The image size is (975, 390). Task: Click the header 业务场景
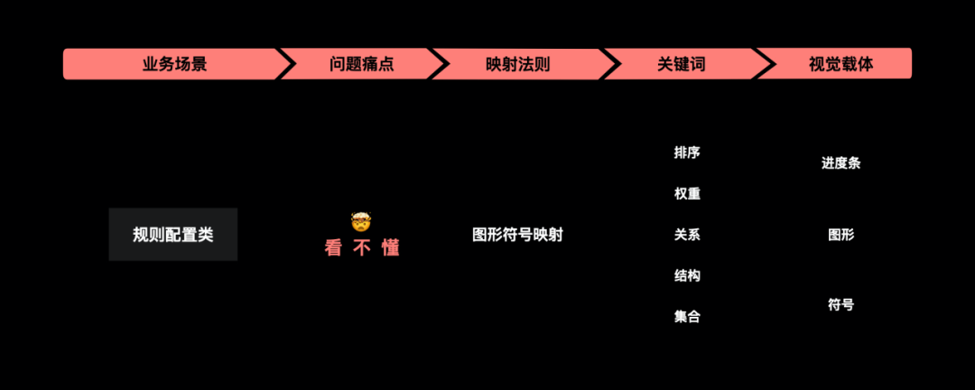point(174,64)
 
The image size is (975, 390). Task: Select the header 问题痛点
point(362,64)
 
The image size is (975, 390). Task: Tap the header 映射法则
point(517,64)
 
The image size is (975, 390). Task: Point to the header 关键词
point(680,64)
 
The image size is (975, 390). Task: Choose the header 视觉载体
point(840,64)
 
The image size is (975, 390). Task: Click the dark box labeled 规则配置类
point(173,235)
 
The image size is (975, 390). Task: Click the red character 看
point(334,248)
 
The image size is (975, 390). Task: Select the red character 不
point(362,248)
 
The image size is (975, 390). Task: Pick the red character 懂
point(390,248)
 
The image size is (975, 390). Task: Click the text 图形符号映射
point(517,235)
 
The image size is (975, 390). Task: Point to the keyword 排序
point(687,153)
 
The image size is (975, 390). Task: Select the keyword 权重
point(687,193)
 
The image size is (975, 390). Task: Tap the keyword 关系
point(687,235)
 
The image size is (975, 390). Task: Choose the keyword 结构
point(687,275)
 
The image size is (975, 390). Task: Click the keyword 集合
point(687,317)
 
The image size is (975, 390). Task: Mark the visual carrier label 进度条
point(840,163)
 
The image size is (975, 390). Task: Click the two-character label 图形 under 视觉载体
point(840,235)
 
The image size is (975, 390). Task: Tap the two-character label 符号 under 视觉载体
point(840,305)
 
